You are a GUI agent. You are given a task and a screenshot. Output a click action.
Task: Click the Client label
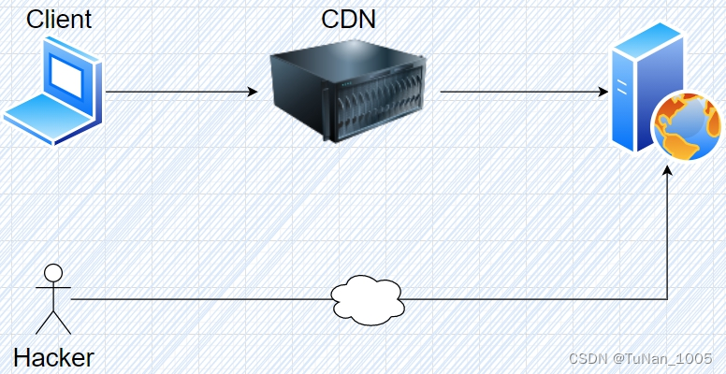(58, 19)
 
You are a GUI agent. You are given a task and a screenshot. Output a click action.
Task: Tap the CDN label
(348, 19)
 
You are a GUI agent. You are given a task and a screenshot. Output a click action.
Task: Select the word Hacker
(53, 357)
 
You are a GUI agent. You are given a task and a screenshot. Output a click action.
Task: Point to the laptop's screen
(68, 78)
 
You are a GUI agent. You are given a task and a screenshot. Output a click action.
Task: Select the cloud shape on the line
(368, 299)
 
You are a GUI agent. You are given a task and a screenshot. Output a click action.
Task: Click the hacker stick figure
(53, 299)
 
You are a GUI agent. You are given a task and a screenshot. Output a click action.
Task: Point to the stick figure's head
(53, 274)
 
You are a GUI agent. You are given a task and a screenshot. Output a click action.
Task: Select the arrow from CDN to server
(519, 93)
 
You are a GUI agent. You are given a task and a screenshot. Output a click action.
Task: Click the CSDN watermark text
(589, 358)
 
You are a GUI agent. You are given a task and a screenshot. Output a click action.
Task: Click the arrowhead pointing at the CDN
(252, 93)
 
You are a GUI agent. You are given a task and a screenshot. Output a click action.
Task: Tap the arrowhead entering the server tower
(603, 93)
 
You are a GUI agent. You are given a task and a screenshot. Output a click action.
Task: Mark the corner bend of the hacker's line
(667, 299)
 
